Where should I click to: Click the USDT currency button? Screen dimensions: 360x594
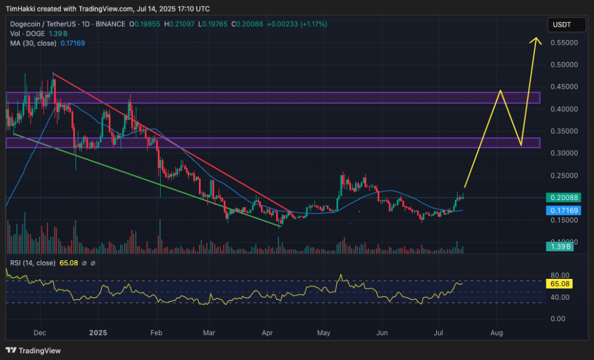562,24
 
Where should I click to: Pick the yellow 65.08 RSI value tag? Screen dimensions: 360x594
560,284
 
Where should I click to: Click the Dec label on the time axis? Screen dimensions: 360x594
40,333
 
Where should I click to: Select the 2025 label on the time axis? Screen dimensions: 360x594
98,333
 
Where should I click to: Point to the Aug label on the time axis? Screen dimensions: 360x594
497,333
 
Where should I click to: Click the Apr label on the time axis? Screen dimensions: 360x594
267,333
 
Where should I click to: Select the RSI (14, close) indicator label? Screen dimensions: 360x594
32,263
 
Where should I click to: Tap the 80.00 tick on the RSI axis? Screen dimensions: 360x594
559,275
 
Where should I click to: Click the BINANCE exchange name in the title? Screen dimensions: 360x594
110,24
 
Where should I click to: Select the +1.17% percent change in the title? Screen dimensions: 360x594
314,24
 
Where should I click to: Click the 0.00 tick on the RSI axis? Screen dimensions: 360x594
559,319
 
